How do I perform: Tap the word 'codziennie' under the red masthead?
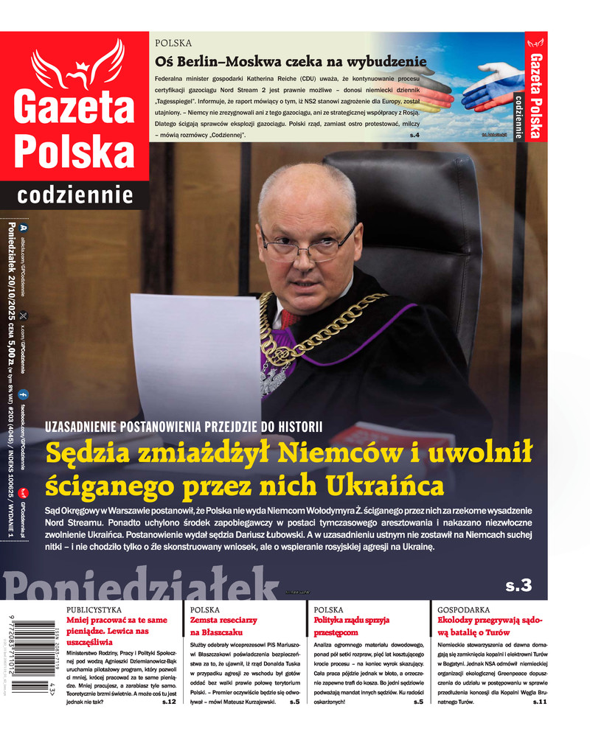(75, 195)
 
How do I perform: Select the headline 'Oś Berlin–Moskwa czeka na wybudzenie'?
(291, 61)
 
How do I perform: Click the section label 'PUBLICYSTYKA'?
(95, 610)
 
